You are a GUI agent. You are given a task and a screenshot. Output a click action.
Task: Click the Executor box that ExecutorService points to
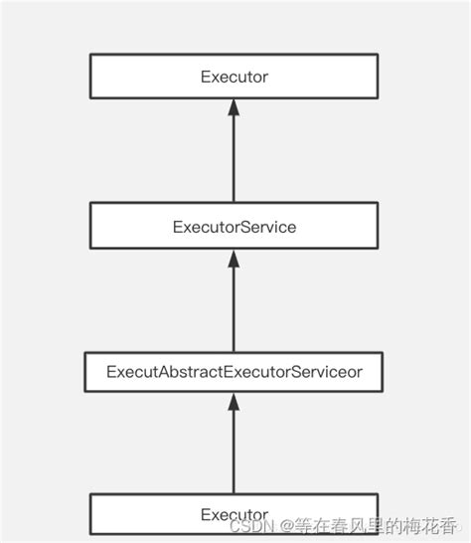click(234, 77)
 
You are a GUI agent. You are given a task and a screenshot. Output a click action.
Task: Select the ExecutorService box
click(234, 226)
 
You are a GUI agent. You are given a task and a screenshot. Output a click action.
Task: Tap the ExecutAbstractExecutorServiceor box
click(234, 374)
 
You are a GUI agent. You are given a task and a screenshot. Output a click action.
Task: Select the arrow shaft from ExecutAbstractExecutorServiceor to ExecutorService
click(234, 308)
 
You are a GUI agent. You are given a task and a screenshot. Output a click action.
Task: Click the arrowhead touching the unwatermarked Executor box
click(234, 107)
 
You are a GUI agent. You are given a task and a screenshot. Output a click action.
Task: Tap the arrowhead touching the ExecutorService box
click(234, 258)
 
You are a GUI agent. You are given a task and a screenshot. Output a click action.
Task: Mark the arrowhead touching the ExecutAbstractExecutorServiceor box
click(234, 401)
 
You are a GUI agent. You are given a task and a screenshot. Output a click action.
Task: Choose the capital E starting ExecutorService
click(177, 227)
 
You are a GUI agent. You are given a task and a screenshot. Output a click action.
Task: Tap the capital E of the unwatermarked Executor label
click(205, 77)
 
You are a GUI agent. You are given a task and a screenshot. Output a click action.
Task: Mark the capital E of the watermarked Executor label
click(205, 514)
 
